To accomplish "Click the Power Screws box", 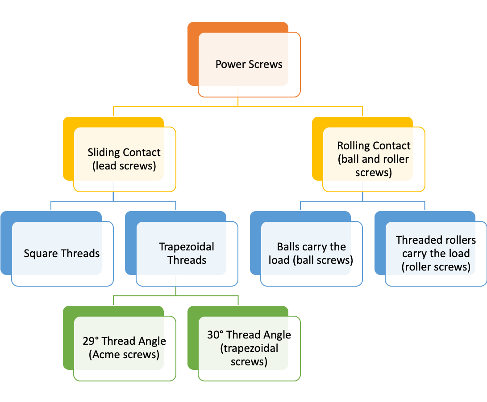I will (249, 64).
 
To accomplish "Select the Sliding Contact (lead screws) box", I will (124, 159).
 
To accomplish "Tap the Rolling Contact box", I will (374, 159).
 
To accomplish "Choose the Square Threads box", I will (62, 254).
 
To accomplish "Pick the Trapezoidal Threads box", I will (187, 254).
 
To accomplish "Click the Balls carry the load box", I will (311, 254).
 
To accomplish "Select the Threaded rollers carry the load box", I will (436, 254).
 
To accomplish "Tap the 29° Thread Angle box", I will (124, 348).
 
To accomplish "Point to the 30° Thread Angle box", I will (249, 348).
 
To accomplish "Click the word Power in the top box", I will (229, 64).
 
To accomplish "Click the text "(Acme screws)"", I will (124, 355).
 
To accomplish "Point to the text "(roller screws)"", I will (436, 267).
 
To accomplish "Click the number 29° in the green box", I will (91, 341).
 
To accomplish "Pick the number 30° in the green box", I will (215, 335).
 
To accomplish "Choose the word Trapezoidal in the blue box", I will (187, 247).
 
